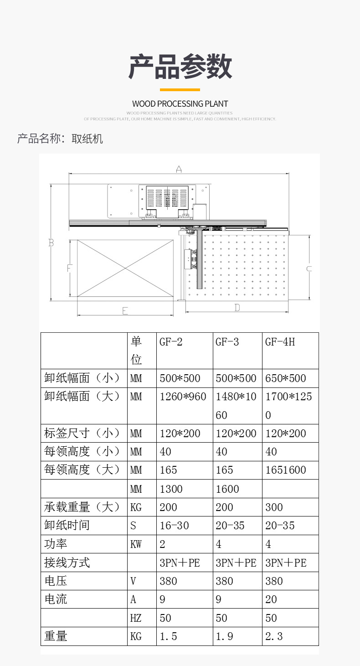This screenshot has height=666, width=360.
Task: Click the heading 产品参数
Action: pos(180,67)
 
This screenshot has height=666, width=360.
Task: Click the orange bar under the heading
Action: pos(180,90)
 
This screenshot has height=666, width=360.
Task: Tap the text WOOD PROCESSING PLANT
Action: pos(180,104)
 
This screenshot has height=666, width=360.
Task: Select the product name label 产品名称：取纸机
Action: pos(60,139)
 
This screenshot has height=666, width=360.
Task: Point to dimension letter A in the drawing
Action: pos(179,170)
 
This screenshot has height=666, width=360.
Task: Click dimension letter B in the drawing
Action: pos(51,243)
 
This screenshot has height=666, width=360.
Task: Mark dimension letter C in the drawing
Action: pos(309,269)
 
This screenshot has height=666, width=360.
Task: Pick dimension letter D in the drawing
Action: pos(237,308)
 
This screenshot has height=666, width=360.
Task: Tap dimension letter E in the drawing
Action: pos(125,311)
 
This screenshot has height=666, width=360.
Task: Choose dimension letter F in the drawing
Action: pos(69,268)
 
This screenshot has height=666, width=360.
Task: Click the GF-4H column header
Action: pos(280,342)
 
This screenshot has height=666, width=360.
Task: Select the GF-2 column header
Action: pos(171,342)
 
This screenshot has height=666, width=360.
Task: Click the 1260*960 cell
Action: pos(183,397)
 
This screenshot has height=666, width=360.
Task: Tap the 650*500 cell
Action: pos(285,378)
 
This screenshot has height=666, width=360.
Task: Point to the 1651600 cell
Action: pos(285,470)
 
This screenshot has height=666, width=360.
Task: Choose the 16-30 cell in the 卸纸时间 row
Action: pos(174,526)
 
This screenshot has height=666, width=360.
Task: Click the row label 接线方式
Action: pos(67,563)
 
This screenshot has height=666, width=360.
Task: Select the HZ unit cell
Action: pos(136,618)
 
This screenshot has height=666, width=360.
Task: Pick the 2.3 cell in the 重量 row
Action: pos(274,636)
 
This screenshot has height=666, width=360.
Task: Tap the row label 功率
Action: pos(56,544)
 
